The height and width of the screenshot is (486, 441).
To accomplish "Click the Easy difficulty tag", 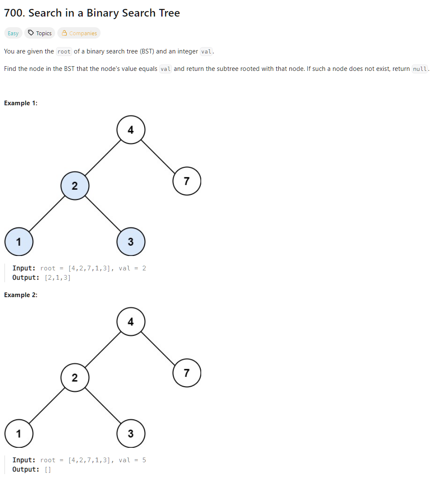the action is (13, 33).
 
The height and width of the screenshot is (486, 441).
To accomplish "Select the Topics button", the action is (40, 33).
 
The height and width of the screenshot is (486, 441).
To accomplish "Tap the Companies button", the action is (79, 33).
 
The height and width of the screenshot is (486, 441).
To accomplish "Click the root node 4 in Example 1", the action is (131, 130).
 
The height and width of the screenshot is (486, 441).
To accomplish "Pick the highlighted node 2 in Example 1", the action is (75, 186).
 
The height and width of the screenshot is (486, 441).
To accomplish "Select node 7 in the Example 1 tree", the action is (187, 181).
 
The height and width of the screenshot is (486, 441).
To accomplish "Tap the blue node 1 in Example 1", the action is (19, 242).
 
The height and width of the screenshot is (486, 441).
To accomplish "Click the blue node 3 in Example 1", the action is (131, 242).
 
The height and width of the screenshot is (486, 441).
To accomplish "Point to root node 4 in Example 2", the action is (131, 322).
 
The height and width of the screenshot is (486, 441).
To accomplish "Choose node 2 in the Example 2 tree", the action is (75, 378).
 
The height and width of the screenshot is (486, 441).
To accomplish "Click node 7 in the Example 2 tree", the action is (187, 373).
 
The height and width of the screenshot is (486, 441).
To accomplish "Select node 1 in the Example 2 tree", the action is (19, 434).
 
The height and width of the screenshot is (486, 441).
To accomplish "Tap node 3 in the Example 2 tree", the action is (131, 434).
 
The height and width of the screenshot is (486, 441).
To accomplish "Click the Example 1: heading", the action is (20, 103).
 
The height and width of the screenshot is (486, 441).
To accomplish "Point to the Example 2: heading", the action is (20, 295).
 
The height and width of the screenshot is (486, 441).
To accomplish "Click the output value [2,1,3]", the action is (57, 278).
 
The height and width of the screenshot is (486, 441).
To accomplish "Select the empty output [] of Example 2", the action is (48, 469).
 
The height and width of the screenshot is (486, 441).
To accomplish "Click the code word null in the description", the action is (420, 69).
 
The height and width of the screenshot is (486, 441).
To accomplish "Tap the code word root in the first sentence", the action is (64, 52).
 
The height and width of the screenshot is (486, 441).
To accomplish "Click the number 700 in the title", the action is (14, 13).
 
